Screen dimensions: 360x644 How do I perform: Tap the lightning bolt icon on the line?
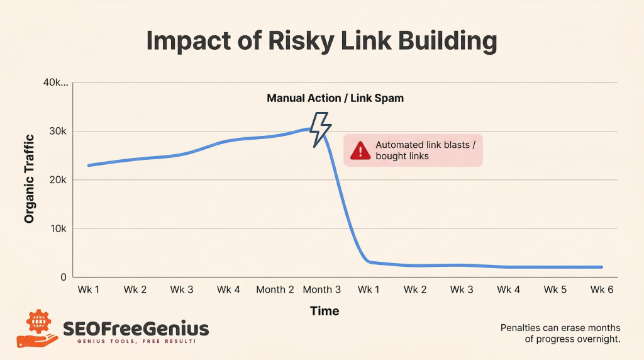pos(320,130)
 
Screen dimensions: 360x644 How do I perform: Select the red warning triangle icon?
pos(360,150)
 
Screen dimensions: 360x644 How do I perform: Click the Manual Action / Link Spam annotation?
pos(335,98)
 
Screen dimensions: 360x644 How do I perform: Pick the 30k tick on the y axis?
pos(58,132)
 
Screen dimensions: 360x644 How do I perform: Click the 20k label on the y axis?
pos(58,180)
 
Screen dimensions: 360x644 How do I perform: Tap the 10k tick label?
pos(58,229)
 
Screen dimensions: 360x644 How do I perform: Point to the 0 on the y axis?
pos(64,277)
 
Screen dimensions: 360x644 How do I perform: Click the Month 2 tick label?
pos(275,290)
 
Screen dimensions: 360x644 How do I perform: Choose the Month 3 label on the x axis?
pos(322,290)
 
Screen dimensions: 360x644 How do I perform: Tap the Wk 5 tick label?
pos(555,290)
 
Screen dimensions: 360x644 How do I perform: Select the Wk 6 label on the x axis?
pos(602,290)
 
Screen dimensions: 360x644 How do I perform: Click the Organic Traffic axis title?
pos(29,179)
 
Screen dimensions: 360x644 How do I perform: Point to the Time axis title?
pos(325,311)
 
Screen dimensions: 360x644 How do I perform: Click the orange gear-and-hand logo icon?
pos(36,329)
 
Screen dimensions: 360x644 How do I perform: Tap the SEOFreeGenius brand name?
pos(136,328)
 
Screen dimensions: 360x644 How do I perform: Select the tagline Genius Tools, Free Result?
pos(136,341)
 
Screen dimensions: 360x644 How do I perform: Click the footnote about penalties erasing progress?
pos(560,334)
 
